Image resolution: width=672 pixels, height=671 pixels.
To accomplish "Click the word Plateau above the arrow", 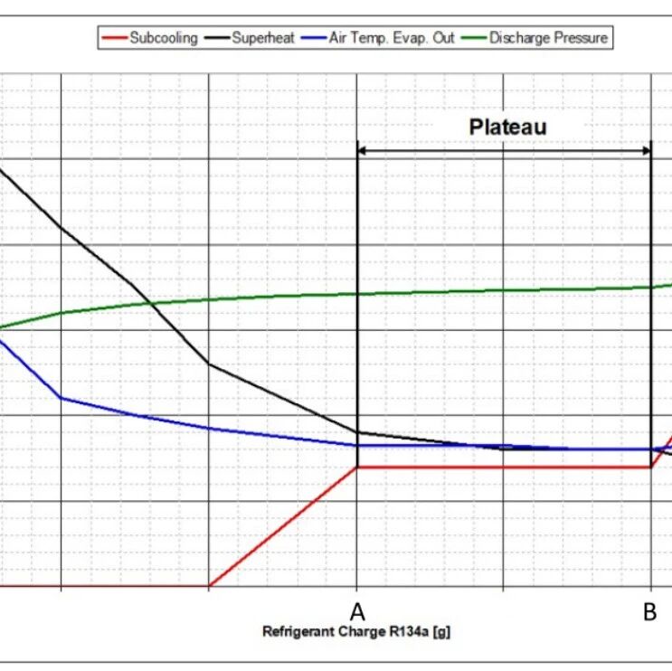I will [507, 127].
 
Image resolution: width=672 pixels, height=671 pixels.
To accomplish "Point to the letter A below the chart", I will [357, 611].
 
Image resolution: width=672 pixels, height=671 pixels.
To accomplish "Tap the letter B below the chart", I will [649, 611].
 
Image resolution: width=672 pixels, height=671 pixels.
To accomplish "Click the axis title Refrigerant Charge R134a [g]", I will [356, 632].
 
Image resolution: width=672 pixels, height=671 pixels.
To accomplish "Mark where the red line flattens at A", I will [358, 467].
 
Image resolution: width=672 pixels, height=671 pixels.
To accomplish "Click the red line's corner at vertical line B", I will [650, 467].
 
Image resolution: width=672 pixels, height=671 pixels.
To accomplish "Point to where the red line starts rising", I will [209, 586].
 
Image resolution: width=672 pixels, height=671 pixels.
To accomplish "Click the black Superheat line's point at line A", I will [358, 432].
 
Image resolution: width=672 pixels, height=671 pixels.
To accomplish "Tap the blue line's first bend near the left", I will [61, 397].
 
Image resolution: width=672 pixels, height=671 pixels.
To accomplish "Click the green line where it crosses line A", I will [358, 294].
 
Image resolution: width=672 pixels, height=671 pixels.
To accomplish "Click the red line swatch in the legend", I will [113, 38].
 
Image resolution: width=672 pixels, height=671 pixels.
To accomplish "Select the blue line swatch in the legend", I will [313, 38].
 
